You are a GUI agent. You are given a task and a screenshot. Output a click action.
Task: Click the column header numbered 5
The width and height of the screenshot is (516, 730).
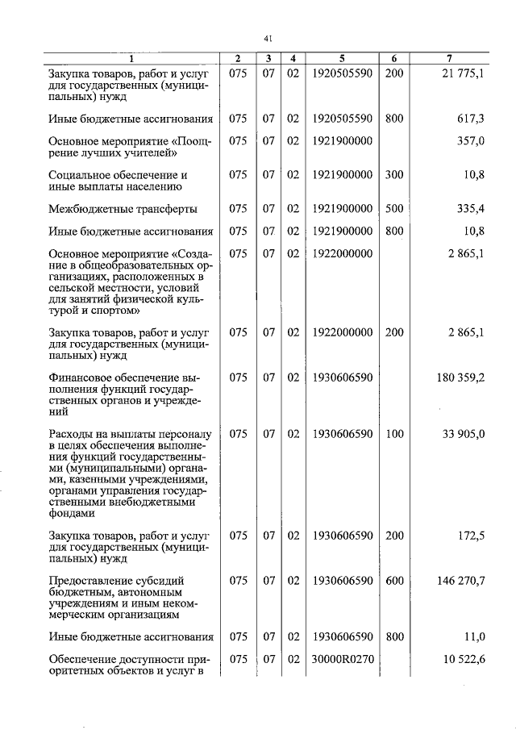pyautogui.click(x=342, y=59)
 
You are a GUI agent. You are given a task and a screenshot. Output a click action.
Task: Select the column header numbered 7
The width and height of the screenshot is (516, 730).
pyautogui.click(x=450, y=59)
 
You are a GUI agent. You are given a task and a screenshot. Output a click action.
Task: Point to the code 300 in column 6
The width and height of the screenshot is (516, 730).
pyautogui.click(x=394, y=174)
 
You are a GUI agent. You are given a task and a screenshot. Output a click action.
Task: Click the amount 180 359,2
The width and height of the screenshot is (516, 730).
pyautogui.click(x=460, y=378)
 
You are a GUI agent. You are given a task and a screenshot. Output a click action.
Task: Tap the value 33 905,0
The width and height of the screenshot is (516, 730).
pyautogui.click(x=464, y=434)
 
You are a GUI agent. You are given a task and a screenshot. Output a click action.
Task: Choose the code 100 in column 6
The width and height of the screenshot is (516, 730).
pyautogui.click(x=394, y=434)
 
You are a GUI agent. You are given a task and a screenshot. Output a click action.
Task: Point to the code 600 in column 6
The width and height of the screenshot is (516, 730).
pyautogui.click(x=394, y=580)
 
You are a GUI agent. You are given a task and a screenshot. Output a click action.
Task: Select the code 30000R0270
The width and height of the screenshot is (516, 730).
pyautogui.click(x=342, y=659)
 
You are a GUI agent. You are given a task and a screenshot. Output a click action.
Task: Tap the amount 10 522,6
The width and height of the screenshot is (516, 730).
pyautogui.click(x=464, y=659)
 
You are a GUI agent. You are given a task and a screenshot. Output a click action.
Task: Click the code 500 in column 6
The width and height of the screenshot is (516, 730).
pyautogui.click(x=394, y=209)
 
